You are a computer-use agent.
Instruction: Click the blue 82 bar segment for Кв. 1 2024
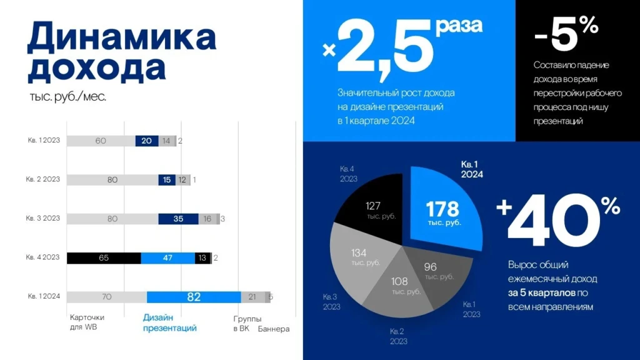[194, 297]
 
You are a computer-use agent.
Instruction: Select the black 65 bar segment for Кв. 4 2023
[104, 257]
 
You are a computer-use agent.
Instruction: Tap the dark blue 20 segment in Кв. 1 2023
[146, 141]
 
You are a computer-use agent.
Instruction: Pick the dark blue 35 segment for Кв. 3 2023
[179, 219]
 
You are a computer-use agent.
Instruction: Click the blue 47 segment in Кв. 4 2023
[167, 257]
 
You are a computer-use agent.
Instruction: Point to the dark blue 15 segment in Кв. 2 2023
[166, 180]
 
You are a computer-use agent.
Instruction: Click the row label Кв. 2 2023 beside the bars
[43, 179]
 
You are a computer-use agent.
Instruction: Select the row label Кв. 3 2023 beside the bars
[43, 218]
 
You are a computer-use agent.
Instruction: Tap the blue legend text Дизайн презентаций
[169, 322]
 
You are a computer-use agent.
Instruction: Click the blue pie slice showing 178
[444, 212]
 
